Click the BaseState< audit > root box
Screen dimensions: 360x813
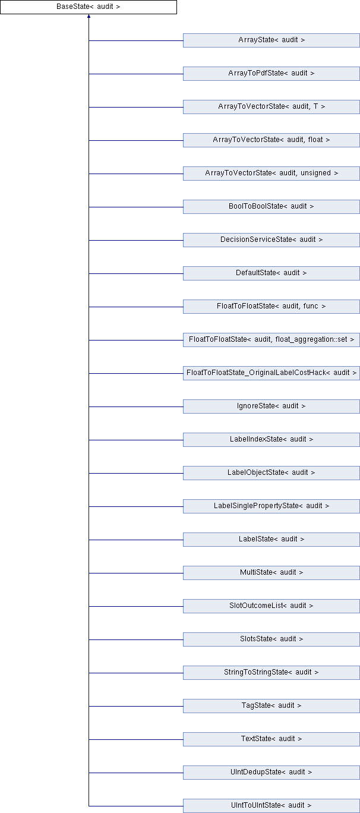89,7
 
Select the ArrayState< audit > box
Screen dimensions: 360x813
271,40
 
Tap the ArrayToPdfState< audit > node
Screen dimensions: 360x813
271,74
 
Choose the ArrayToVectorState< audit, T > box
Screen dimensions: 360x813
271,107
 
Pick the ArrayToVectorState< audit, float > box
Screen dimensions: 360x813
271,140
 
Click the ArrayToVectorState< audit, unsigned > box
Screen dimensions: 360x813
271,174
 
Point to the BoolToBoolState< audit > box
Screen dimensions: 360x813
271,207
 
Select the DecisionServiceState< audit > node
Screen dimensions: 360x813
271,240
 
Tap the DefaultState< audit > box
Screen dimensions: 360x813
271,273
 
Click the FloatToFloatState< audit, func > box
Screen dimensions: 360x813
271,307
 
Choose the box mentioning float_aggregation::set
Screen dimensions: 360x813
271,340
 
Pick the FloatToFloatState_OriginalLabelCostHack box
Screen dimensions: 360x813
271,373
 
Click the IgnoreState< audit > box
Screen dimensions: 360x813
271,406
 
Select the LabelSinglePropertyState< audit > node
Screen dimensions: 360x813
271,506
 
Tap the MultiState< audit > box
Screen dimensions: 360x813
271,573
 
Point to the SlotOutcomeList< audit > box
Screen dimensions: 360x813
271,606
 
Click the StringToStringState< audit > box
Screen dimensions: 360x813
271,673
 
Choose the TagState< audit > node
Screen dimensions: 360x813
271,706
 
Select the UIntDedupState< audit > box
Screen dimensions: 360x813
271,773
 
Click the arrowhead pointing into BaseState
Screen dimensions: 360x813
89,16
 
